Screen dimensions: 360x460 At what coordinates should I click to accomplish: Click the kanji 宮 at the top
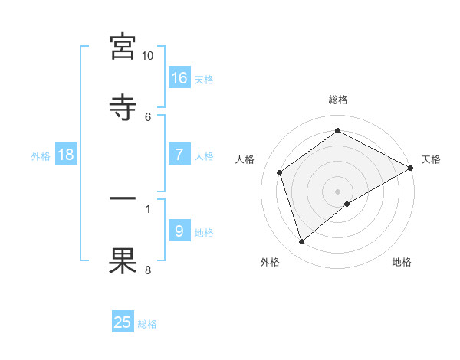pyautogui.click(x=123, y=47)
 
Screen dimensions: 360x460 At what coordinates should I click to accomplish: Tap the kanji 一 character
pyautogui.click(x=123, y=199)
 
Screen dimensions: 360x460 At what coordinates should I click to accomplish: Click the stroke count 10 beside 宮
pyautogui.click(x=147, y=56)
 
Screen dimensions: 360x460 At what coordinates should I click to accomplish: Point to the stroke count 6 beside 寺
pyautogui.click(x=148, y=116)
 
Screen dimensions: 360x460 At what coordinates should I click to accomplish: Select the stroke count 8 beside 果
pyautogui.click(x=148, y=269)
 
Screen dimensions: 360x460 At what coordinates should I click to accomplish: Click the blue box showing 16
pyautogui.click(x=179, y=77)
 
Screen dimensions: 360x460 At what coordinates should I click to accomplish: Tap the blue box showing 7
pyautogui.click(x=179, y=154)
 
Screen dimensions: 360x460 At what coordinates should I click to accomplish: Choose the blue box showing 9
pyautogui.click(x=179, y=231)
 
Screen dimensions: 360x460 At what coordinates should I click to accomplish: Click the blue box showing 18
pyautogui.click(x=66, y=154)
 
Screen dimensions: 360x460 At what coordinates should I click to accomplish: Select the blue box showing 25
pyautogui.click(x=123, y=322)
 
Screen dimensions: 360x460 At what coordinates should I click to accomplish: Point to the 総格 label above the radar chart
pyautogui.click(x=338, y=100)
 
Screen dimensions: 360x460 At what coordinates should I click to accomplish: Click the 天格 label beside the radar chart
pyautogui.click(x=431, y=159)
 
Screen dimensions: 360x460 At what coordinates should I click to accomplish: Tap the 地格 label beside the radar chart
pyautogui.click(x=402, y=263)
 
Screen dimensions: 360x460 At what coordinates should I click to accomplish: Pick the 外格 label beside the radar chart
pyautogui.click(x=270, y=263)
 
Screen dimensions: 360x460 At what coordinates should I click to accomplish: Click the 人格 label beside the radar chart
pyautogui.click(x=245, y=159)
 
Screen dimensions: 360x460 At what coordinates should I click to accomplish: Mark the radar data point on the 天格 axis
pyautogui.click(x=411, y=167)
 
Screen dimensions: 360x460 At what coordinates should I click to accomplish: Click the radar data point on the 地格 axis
pyautogui.click(x=347, y=204)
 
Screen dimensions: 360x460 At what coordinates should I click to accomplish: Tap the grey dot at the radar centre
pyautogui.click(x=338, y=191)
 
